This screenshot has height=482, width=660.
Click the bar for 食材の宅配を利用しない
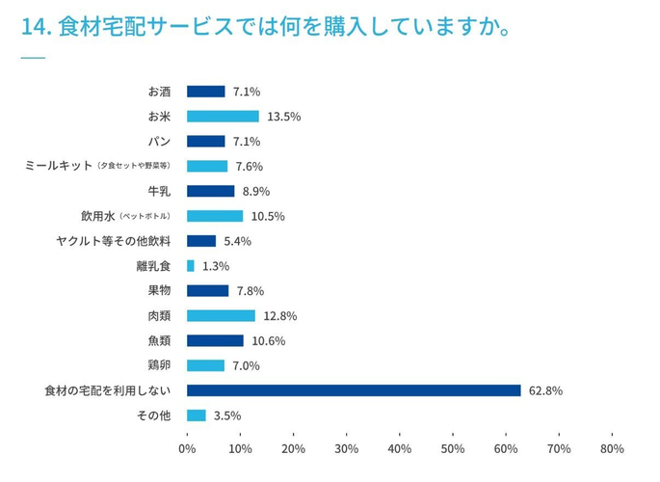[x=354, y=390]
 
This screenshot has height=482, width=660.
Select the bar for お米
[x=223, y=117]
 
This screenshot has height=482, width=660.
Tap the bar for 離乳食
[x=191, y=266]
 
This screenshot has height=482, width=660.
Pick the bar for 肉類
[x=221, y=316]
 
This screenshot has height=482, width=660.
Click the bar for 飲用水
[x=215, y=216]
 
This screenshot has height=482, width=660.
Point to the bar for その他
[x=197, y=415]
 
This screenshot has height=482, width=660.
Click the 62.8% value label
[x=545, y=390]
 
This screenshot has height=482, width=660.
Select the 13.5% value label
[x=284, y=117]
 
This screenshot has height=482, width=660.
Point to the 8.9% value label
[x=256, y=191]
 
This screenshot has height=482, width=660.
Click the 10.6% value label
[x=269, y=341]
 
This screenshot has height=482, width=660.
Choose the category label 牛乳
[x=158, y=191]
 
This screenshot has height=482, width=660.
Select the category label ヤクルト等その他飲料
[x=114, y=241]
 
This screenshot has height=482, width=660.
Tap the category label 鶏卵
[x=158, y=365]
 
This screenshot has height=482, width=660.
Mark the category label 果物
[x=158, y=291]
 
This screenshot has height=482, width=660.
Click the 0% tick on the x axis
[x=187, y=448]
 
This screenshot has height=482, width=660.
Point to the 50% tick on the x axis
[x=453, y=448]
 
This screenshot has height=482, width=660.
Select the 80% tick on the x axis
[x=612, y=448]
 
